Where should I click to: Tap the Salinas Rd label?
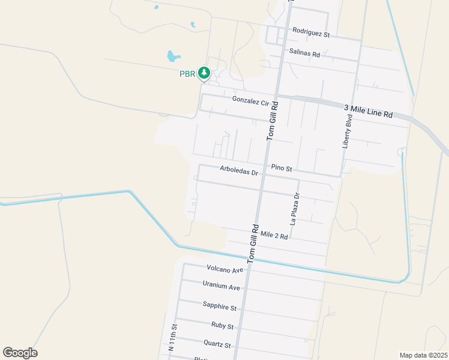(304, 53)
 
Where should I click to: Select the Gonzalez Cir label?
(251, 101)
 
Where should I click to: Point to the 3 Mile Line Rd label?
(368, 111)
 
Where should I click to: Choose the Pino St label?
(281, 168)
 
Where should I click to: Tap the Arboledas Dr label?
(238, 171)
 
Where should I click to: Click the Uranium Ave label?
(221, 287)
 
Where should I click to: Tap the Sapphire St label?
(219, 307)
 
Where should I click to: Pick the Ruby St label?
(221, 326)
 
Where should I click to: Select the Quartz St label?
(217, 345)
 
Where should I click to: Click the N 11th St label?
(173, 337)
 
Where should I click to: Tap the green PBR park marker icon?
(204, 73)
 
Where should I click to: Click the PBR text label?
(187, 74)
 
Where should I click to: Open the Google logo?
(20, 353)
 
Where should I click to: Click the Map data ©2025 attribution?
(423, 355)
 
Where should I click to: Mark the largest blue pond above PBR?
(173, 56)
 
